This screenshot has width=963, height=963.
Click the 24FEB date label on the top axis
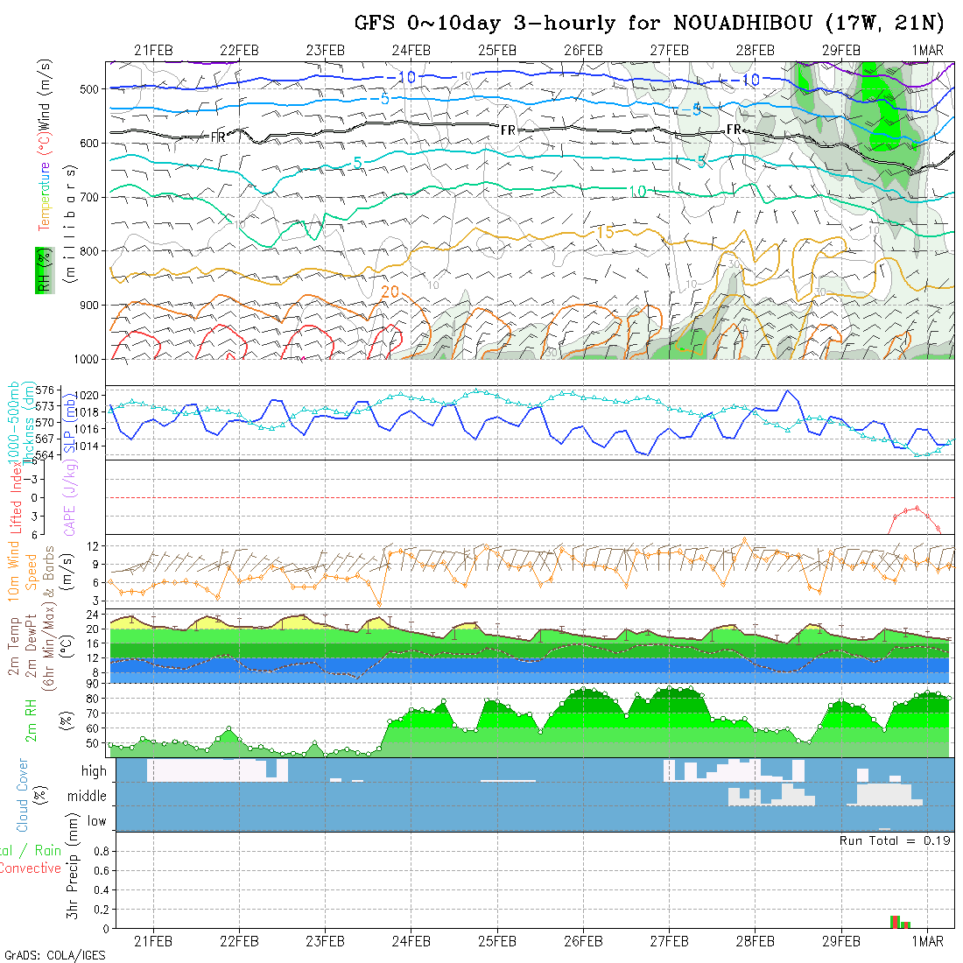click(411, 50)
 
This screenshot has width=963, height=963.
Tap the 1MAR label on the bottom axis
click(927, 941)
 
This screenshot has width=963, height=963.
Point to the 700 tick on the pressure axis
click(92, 197)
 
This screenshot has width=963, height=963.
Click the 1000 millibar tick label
click(88, 359)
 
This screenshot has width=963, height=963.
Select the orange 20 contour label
click(390, 291)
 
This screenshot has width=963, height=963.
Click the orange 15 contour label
click(605, 232)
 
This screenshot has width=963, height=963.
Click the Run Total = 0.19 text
click(895, 840)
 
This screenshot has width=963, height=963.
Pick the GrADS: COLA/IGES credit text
click(54, 955)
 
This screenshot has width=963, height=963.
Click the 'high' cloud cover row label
click(94, 771)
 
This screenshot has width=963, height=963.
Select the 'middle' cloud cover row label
click(88, 797)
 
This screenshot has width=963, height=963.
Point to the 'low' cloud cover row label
click(96, 821)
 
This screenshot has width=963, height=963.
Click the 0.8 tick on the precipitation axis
click(100, 851)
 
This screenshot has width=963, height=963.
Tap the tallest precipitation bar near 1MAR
click(895, 921)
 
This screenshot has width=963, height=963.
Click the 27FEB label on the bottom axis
click(669, 941)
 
